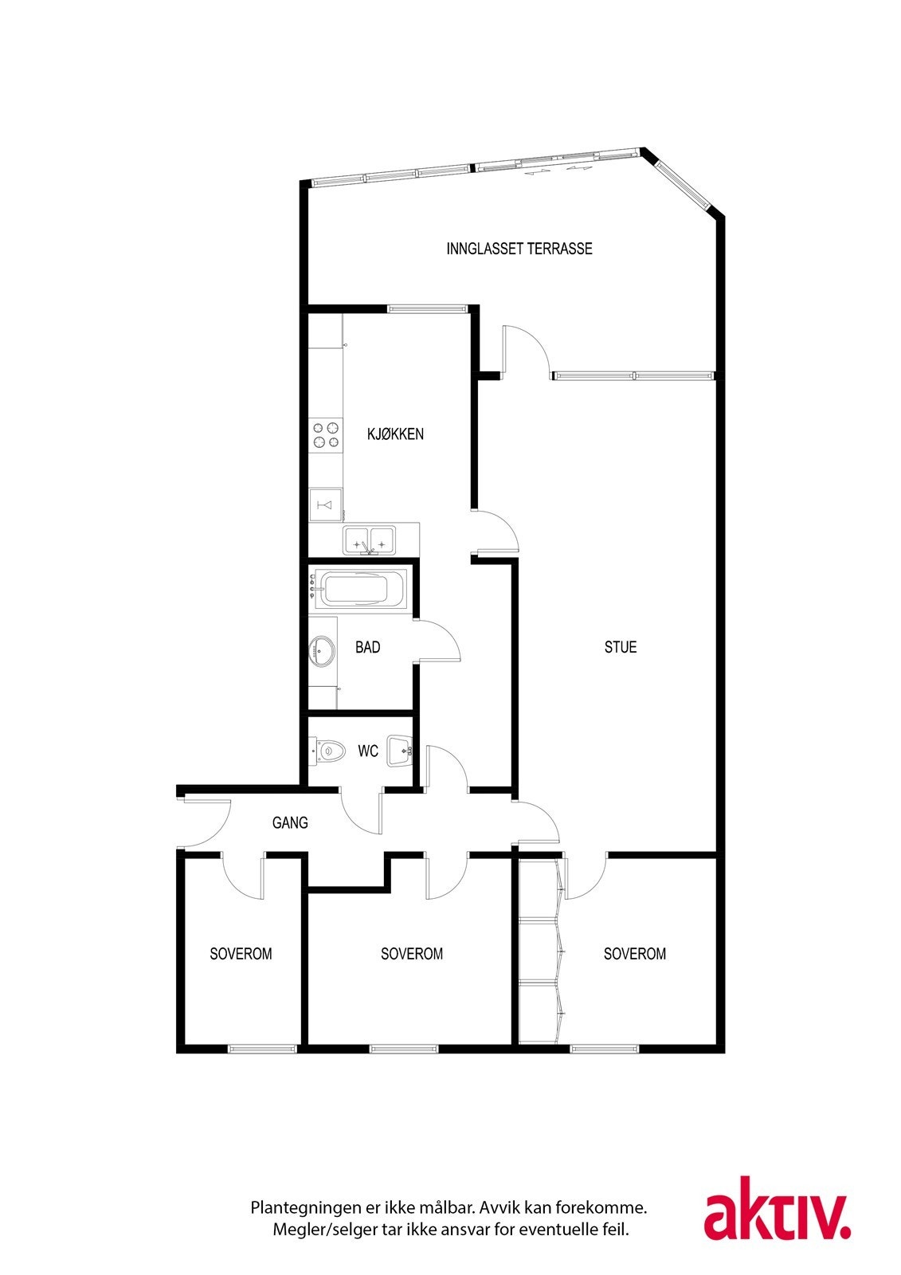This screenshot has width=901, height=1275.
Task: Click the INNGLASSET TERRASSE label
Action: point(519,249)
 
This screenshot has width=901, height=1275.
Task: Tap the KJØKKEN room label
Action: point(395,434)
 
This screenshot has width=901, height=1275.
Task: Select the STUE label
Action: point(621,647)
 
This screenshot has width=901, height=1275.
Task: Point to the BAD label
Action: point(367,647)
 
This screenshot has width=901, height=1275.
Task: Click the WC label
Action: point(367,751)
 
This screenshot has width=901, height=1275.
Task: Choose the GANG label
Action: point(290,822)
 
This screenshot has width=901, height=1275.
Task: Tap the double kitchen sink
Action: point(370,540)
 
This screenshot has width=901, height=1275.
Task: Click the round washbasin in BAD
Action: point(323,651)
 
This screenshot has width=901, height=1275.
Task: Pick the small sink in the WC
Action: point(399,751)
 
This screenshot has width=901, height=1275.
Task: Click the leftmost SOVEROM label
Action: point(241,954)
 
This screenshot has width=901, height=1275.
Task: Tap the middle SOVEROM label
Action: point(412,954)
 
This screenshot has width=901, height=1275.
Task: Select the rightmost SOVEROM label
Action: point(635,954)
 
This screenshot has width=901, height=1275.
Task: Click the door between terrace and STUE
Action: point(523,351)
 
